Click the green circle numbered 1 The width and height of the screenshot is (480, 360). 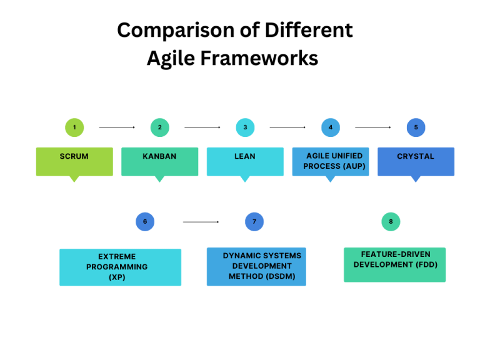[x=74, y=127]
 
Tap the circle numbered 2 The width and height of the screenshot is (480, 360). [x=160, y=127]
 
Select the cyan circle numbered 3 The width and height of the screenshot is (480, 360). [x=245, y=127]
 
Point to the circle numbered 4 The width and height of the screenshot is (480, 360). [x=331, y=127]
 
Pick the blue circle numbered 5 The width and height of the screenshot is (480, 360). [x=416, y=127]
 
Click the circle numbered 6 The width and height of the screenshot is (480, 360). [x=145, y=221]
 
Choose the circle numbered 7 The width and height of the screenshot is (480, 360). [x=254, y=221]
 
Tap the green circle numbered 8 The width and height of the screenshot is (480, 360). [x=391, y=221]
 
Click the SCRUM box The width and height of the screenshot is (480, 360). [x=74, y=161]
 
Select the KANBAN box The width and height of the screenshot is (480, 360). [x=160, y=161]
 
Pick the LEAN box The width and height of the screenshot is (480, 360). [x=245, y=161]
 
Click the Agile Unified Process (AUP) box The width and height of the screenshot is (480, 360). [x=331, y=161]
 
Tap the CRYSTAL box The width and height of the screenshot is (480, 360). [x=416, y=161]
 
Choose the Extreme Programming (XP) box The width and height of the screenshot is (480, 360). [x=120, y=267]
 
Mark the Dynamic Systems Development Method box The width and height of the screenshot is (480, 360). [x=256, y=266]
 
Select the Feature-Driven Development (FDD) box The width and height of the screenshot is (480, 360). [x=394, y=264]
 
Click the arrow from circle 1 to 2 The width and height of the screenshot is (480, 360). [x=117, y=127]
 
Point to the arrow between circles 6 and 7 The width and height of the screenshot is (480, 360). [x=201, y=222]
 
